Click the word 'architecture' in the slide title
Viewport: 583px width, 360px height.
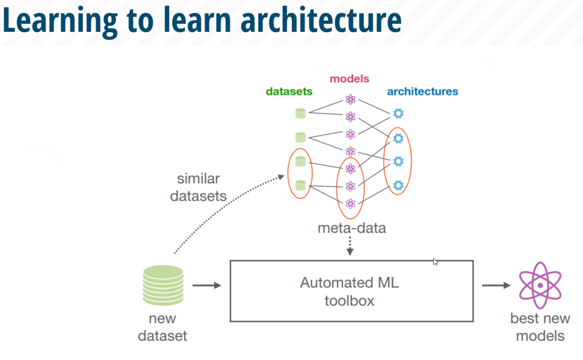tap(321, 20)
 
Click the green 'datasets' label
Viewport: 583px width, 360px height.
tap(289, 91)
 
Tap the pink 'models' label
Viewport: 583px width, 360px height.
tap(349, 79)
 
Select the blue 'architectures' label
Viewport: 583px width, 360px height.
tap(422, 91)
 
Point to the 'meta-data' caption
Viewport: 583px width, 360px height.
tap(352, 228)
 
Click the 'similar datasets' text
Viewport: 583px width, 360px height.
tap(198, 187)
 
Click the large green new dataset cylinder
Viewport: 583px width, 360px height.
tap(163, 285)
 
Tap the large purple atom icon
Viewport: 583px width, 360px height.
tap(540, 285)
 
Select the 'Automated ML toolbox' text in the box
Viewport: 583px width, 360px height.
tap(349, 291)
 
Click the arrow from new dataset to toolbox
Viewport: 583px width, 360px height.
tap(207, 285)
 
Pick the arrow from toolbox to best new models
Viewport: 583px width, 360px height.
tap(496, 285)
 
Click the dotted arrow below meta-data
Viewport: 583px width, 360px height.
tap(350, 246)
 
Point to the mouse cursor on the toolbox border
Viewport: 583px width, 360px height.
tap(435, 262)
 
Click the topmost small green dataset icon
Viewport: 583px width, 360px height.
tap(301, 114)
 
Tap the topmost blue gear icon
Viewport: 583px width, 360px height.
tap(398, 114)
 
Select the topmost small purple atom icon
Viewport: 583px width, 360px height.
tap(350, 99)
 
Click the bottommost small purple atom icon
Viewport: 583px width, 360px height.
tap(350, 204)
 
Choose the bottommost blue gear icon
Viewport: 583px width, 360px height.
tap(398, 185)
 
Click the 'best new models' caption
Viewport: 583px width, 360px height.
tap(540, 327)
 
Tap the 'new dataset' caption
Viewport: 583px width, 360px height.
tap(162, 327)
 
